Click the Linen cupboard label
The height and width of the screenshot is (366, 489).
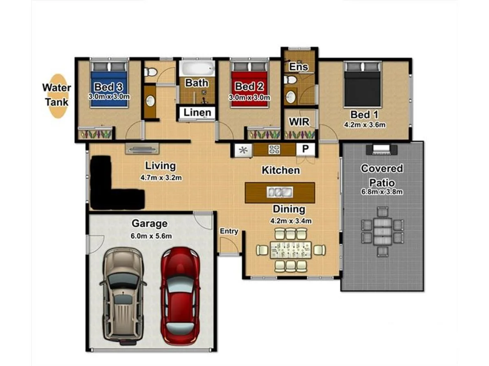[197, 113]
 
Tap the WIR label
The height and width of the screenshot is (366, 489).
[300, 122]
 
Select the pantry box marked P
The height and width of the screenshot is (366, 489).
[304, 150]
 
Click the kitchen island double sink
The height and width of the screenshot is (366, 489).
[279, 192]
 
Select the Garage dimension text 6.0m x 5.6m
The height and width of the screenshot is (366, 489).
[150, 236]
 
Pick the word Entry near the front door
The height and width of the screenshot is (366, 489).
[229, 231]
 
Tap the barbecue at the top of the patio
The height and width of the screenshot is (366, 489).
[381, 150]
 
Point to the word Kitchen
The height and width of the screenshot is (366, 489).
[281, 170]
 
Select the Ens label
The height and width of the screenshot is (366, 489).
[298, 67]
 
